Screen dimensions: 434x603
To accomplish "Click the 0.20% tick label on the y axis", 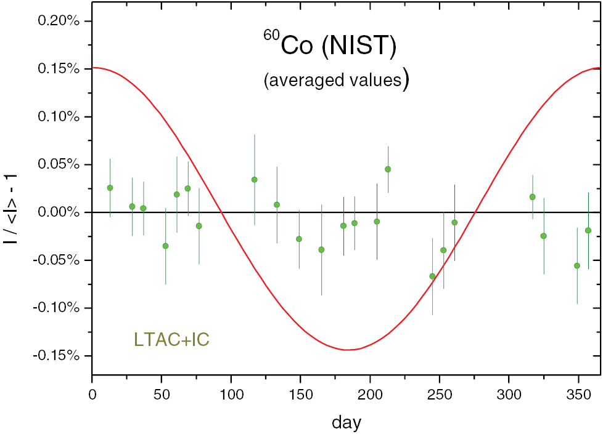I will tap(59, 21).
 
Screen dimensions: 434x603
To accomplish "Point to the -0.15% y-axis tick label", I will tap(57, 356).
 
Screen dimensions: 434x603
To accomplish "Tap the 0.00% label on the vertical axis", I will tap(59, 212).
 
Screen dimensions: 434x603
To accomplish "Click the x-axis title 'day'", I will tap(346, 422).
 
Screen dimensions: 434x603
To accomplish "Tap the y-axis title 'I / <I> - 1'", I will tap(11, 209).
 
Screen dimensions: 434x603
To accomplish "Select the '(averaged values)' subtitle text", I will tap(336, 80).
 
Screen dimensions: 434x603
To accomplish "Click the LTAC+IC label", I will tap(171, 339).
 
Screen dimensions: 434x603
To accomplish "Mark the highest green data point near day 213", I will tap(388, 169).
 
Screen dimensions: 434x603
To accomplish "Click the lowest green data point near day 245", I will tap(432, 276).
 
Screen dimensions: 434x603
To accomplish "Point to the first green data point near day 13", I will tap(110, 188).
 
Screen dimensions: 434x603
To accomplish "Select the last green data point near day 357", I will tap(588, 230).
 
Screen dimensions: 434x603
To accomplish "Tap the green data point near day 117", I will tap(254, 180).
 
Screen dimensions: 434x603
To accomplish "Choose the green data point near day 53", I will tap(165, 246).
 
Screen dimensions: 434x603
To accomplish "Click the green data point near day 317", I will tap(533, 197).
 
